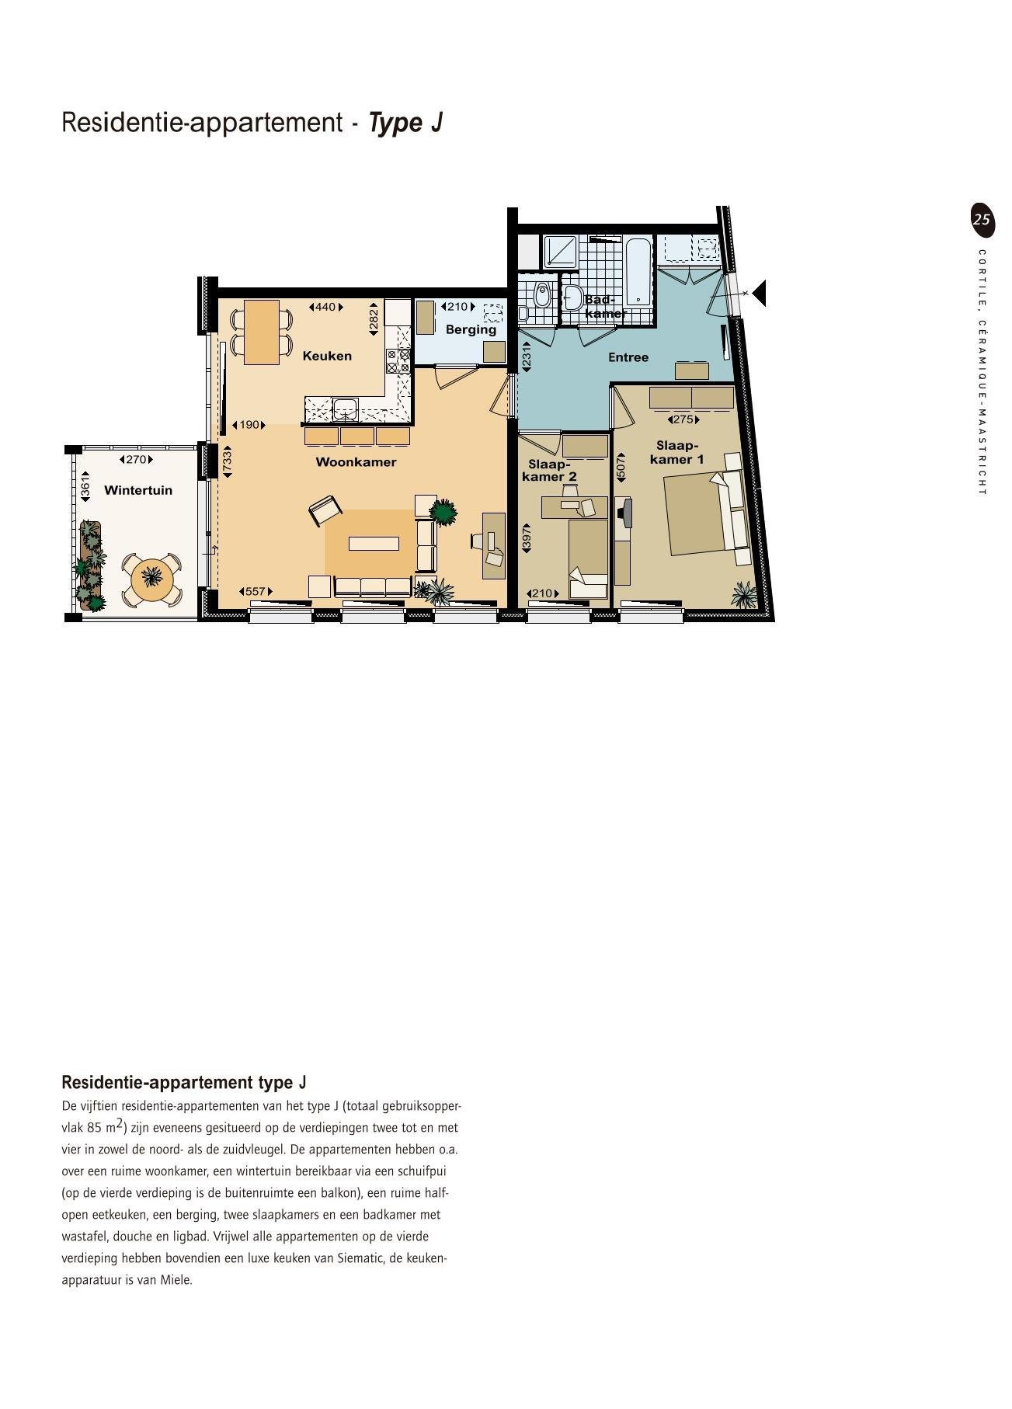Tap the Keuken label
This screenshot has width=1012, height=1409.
tap(327, 356)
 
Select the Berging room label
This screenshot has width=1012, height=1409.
tap(471, 329)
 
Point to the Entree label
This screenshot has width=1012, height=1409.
tap(628, 357)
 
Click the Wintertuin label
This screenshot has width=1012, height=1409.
tap(138, 490)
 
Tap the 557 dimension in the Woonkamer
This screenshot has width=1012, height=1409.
tap(256, 592)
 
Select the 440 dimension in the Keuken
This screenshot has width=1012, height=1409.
tap(326, 307)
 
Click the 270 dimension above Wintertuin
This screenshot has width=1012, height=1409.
tap(136, 459)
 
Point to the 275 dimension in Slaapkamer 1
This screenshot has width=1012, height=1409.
tap(683, 419)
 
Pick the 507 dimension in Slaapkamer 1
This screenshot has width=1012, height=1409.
tap(621, 467)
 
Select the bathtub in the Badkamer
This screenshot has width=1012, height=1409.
tap(639, 271)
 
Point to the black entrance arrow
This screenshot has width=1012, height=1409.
tap(759, 294)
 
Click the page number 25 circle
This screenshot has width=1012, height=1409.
tap(982, 219)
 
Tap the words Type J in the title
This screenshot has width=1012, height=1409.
tap(405, 123)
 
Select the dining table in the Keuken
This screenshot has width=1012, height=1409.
tap(262, 332)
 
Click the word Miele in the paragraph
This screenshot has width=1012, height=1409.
tap(176, 1280)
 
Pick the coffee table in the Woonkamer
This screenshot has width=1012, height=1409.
tap(374, 544)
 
